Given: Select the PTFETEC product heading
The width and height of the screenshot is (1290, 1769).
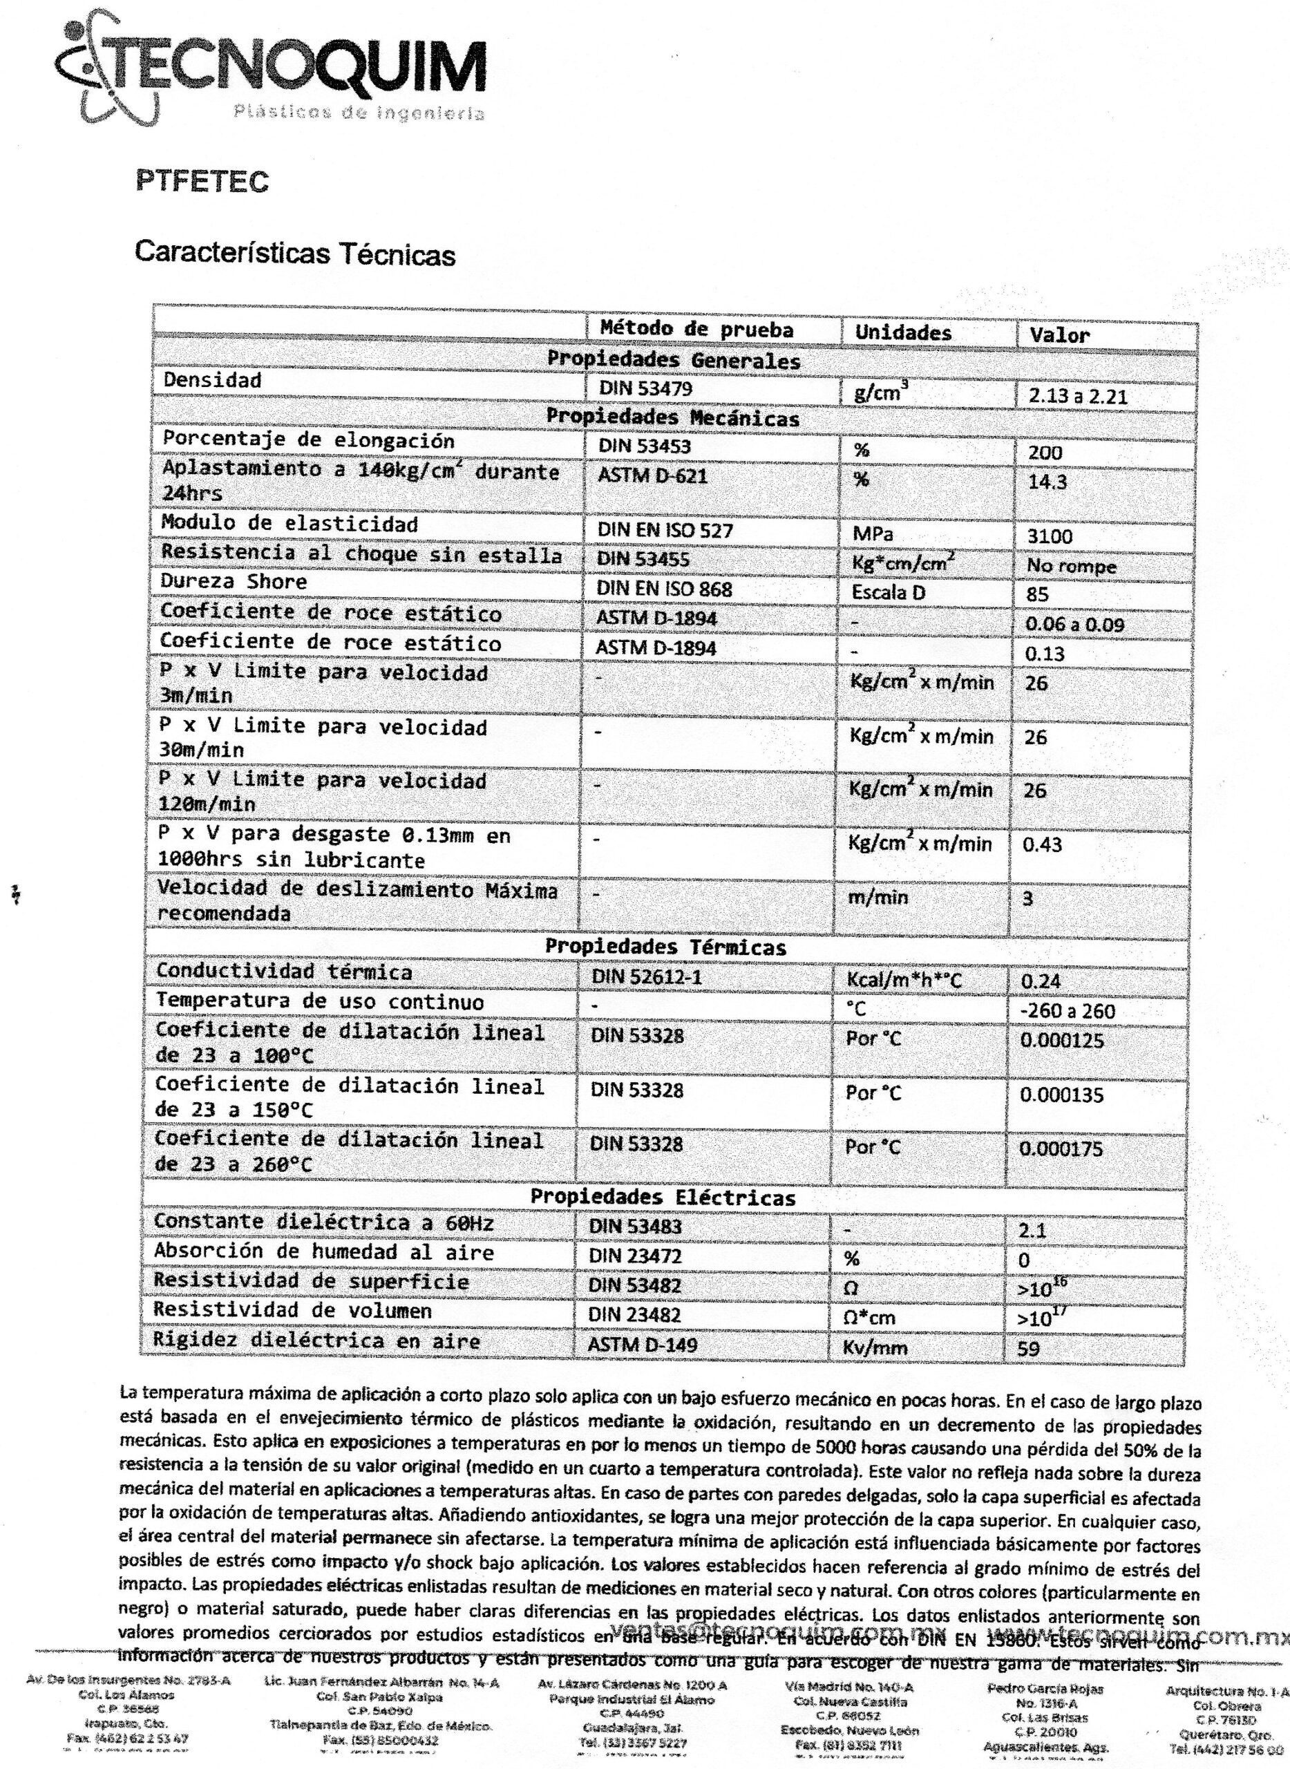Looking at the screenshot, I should pyautogui.click(x=202, y=181).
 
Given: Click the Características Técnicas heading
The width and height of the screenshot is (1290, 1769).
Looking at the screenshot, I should pyautogui.click(x=294, y=253).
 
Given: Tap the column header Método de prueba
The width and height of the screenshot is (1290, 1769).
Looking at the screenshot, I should pyautogui.click(x=696, y=330).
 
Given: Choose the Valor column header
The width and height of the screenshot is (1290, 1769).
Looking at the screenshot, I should pyautogui.click(x=1058, y=336).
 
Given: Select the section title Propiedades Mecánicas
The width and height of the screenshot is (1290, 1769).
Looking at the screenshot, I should pyautogui.click(x=672, y=418).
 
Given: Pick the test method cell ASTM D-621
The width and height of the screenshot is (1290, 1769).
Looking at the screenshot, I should pyautogui.click(x=652, y=475).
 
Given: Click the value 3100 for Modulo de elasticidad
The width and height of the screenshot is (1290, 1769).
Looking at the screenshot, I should pyautogui.click(x=1050, y=536).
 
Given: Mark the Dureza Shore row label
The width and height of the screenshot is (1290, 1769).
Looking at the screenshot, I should pyautogui.click(x=234, y=582).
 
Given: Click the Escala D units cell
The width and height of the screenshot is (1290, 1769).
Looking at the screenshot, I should pyautogui.click(x=888, y=592).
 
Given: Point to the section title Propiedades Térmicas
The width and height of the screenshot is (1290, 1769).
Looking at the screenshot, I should pyautogui.click(x=665, y=947).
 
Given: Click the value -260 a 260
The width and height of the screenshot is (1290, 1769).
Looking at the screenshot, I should pyautogui.click(x=1067, y=1012).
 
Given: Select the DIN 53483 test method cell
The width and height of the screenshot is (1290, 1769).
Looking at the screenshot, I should pyautogui.click(x=635, y=1226).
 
